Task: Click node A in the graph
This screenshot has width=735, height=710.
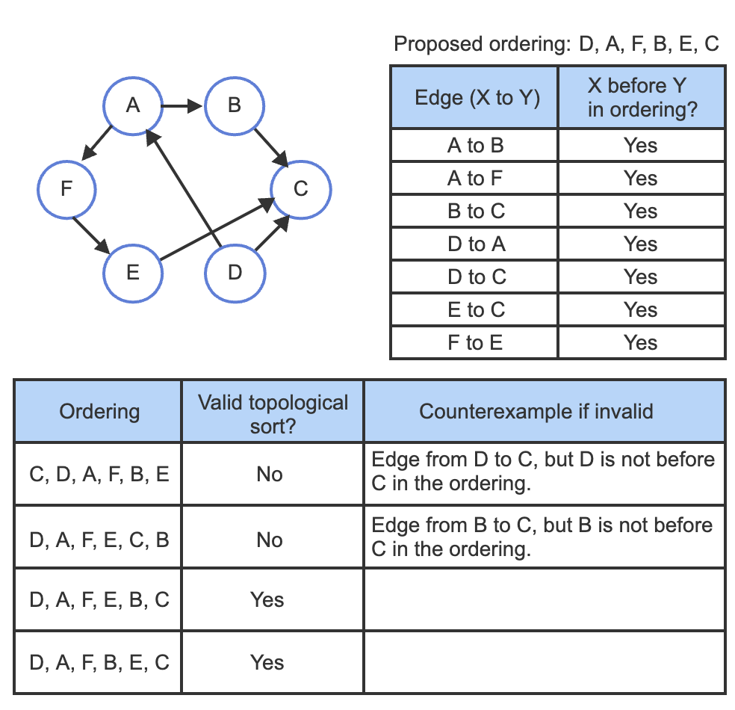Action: (133, 106)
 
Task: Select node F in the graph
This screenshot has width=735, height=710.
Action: (67, 189)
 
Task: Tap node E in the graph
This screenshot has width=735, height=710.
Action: (133, 273)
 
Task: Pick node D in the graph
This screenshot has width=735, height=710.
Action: (235, 273)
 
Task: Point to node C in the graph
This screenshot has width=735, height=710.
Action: (300, 189)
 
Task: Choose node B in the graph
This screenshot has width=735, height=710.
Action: (235, 106)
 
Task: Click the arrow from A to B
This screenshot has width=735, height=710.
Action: (183, 106)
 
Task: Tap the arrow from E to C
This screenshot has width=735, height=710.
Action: (217, 229)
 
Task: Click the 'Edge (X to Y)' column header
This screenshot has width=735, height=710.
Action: (474, 98)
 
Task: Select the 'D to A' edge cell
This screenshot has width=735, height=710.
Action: (474, 244)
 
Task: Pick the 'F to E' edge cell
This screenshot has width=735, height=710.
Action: (474, 343)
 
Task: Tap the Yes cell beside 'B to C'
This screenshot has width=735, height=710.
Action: (641, 212)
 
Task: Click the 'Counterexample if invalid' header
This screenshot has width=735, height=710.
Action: (544, 411)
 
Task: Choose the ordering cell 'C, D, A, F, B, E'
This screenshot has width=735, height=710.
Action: (99, 474)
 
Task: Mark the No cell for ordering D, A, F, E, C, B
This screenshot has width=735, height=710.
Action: (270, 540)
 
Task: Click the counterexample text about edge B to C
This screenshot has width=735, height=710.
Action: (542, 537)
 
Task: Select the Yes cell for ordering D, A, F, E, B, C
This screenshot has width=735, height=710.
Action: (267, 600)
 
